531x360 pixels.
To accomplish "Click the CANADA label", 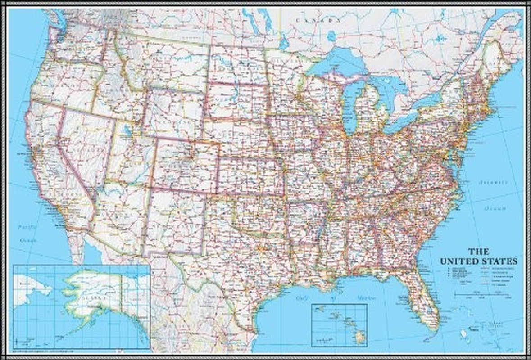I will click(x=316, y=20).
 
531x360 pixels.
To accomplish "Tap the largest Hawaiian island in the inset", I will click(x=359, y=335).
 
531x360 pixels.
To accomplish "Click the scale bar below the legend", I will click(x=482, y=295).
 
